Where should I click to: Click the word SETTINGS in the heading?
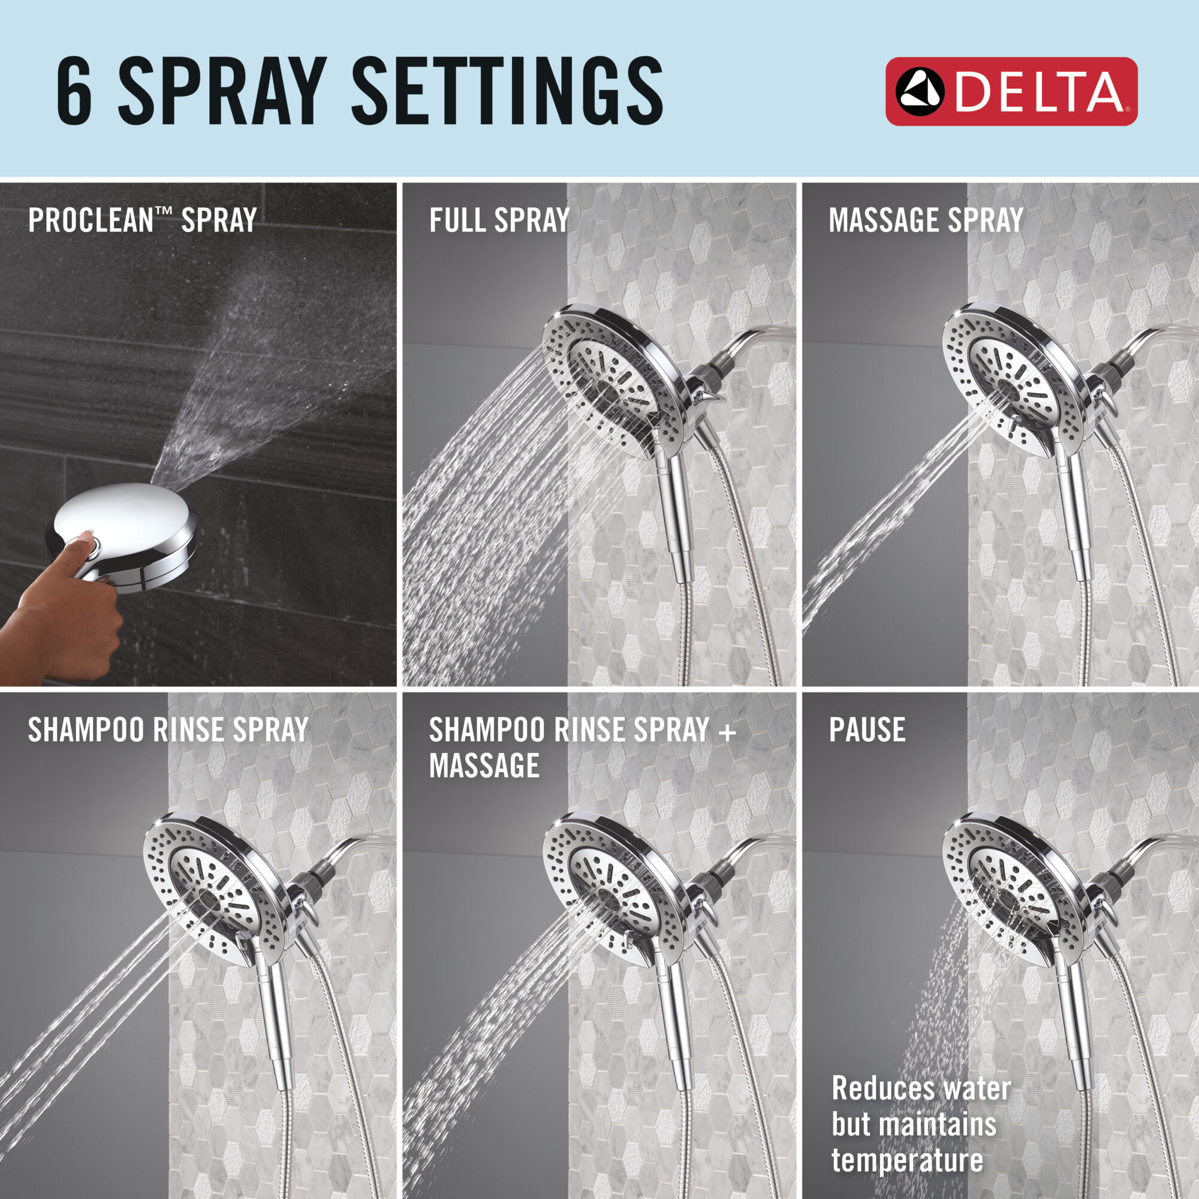click(507, 90)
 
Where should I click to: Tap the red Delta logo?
click(1010, 92)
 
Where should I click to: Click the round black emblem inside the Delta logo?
click(920, 92)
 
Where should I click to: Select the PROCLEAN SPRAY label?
click(142, 220)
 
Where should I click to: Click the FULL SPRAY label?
click(499, 220)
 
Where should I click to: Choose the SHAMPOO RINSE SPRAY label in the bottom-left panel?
click(168, 730)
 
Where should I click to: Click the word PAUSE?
click(866, 730)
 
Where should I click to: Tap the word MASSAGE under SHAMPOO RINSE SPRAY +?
click(484, 766)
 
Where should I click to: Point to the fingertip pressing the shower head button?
click(87, 535)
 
